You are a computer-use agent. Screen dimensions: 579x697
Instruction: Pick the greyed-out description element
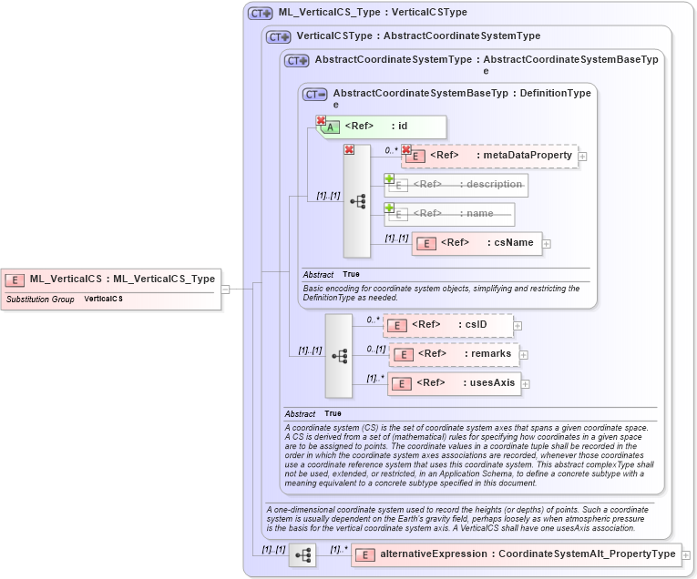456,185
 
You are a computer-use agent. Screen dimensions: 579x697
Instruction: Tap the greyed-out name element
449,214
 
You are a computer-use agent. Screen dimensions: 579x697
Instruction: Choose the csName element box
477,243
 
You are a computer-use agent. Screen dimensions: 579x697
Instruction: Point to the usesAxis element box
453,383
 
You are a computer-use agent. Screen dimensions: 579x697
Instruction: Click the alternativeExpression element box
516,554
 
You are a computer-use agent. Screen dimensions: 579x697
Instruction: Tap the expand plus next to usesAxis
526,384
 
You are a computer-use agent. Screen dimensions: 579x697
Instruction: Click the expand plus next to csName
547,243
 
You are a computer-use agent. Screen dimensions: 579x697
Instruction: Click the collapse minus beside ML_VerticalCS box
225,289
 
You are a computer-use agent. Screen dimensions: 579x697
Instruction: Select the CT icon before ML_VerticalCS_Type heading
261,14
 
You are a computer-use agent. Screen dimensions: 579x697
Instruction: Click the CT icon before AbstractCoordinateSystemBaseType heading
315,94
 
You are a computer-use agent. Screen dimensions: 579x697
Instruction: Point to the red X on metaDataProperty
406,149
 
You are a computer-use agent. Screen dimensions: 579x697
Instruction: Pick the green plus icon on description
389,178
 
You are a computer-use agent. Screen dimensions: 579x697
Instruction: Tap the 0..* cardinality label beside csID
372,320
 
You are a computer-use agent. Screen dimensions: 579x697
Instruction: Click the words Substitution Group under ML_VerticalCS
40,299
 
